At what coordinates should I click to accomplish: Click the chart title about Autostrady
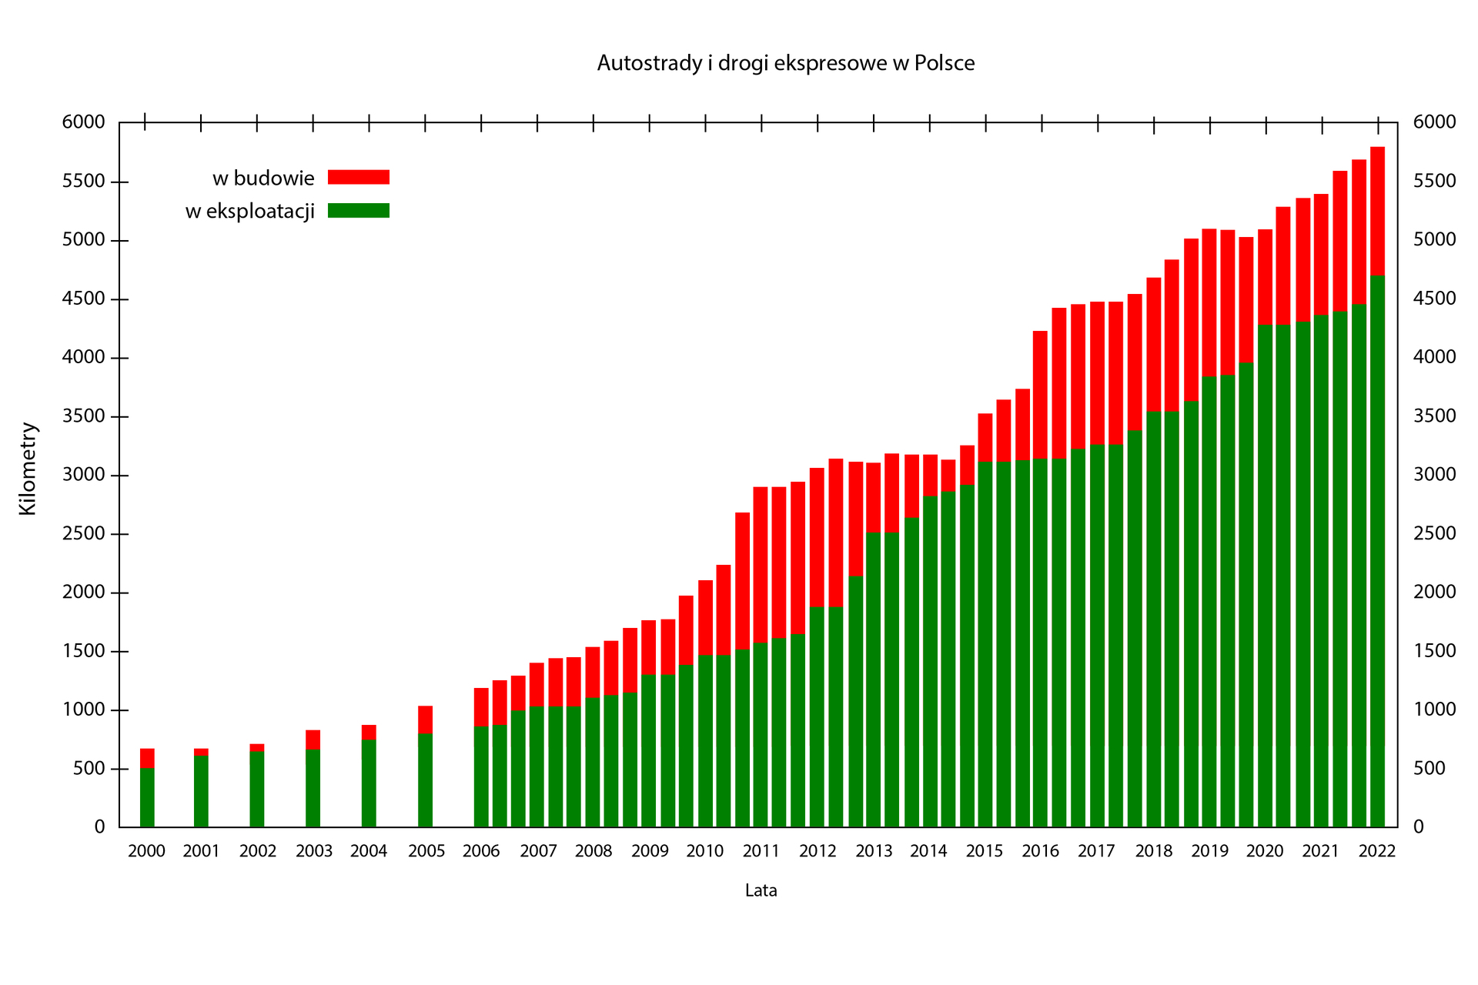pyautogui.click(x=785, y=63)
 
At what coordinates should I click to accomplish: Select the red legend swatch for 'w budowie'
pyautogui.click(x=358, y=177)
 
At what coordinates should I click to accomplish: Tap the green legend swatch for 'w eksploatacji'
pyautogui.click(x=358, y=210)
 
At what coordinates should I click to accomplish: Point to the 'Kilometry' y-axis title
pyautogui.click(x=28, y=468)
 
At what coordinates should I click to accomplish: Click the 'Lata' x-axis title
pyautogui.click(x=761, y=890)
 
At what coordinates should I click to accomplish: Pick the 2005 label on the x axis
pyautogui.click(x=426, y=851)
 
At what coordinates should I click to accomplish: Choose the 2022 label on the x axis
pyautogui.click(x=1377, y=851)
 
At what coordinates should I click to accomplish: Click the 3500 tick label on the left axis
pyautogui.click(x=83, y=417)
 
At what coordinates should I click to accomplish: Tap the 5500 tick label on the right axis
pyautogui.click(x=1435, y=182)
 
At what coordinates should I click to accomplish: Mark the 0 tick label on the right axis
pyautogui.click(x=1419, y=827)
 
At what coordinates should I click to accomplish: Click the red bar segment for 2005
pyautogui.click(x=425, y=720)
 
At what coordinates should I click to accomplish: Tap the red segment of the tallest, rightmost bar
pyautogui.click(x=1377, y=210)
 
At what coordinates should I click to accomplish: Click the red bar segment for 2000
pyautogui.click(x=147, y=758)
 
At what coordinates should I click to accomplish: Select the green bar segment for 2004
pyautogui.click(x=369, y=783)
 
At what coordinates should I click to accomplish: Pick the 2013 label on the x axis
pyautogui.click(x=874, y=851)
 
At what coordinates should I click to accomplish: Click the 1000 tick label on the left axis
pyautogui.click(x=83, y=710)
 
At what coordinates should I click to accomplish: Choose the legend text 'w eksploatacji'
pyautogui.click(x=250, y=211)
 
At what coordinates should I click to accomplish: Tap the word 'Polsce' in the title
pyautogui.click(x=945, y=63)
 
